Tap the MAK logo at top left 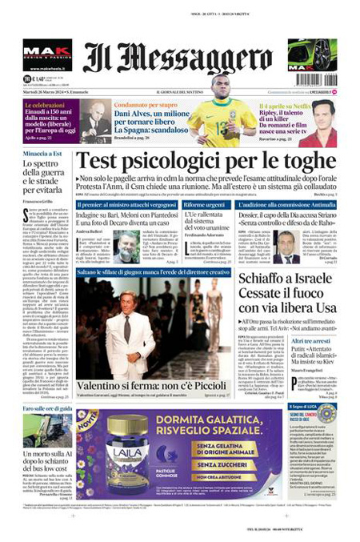[x=47, y=54]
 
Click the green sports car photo [x=312, y=53]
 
